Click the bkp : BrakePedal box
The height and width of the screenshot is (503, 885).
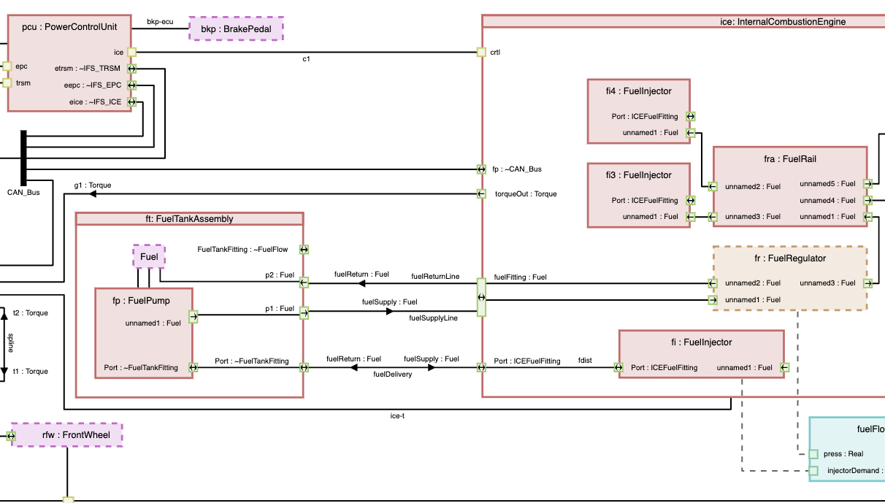(236, 29)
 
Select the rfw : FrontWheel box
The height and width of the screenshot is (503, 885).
(66, 435)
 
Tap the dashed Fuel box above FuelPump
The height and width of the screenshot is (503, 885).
(149, 257)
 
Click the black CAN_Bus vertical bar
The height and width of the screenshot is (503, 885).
(23, 158)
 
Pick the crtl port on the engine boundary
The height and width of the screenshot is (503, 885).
(481, 52)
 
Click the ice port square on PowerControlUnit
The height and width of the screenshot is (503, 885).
(131, 52)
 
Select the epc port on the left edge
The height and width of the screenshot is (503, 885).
(7, 66)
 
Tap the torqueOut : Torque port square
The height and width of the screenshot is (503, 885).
(481, 193)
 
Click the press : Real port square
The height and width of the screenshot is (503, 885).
(813, 454)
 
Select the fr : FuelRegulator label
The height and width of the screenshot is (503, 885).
(789, 258)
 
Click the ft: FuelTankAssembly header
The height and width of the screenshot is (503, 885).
(189, 218)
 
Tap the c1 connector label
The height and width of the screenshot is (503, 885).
(307, 59)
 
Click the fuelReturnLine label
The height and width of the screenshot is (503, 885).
(435, 277)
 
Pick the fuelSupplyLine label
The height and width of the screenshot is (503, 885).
(433, 318)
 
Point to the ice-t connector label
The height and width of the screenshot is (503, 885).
(398, 416)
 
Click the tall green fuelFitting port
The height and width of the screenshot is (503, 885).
(481, 297)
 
